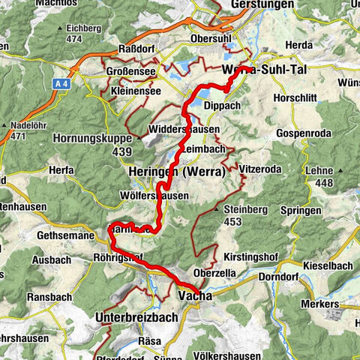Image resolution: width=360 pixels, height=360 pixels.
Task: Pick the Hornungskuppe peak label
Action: click(91, 138)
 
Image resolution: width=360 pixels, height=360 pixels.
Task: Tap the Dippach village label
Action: click(222, 106)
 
